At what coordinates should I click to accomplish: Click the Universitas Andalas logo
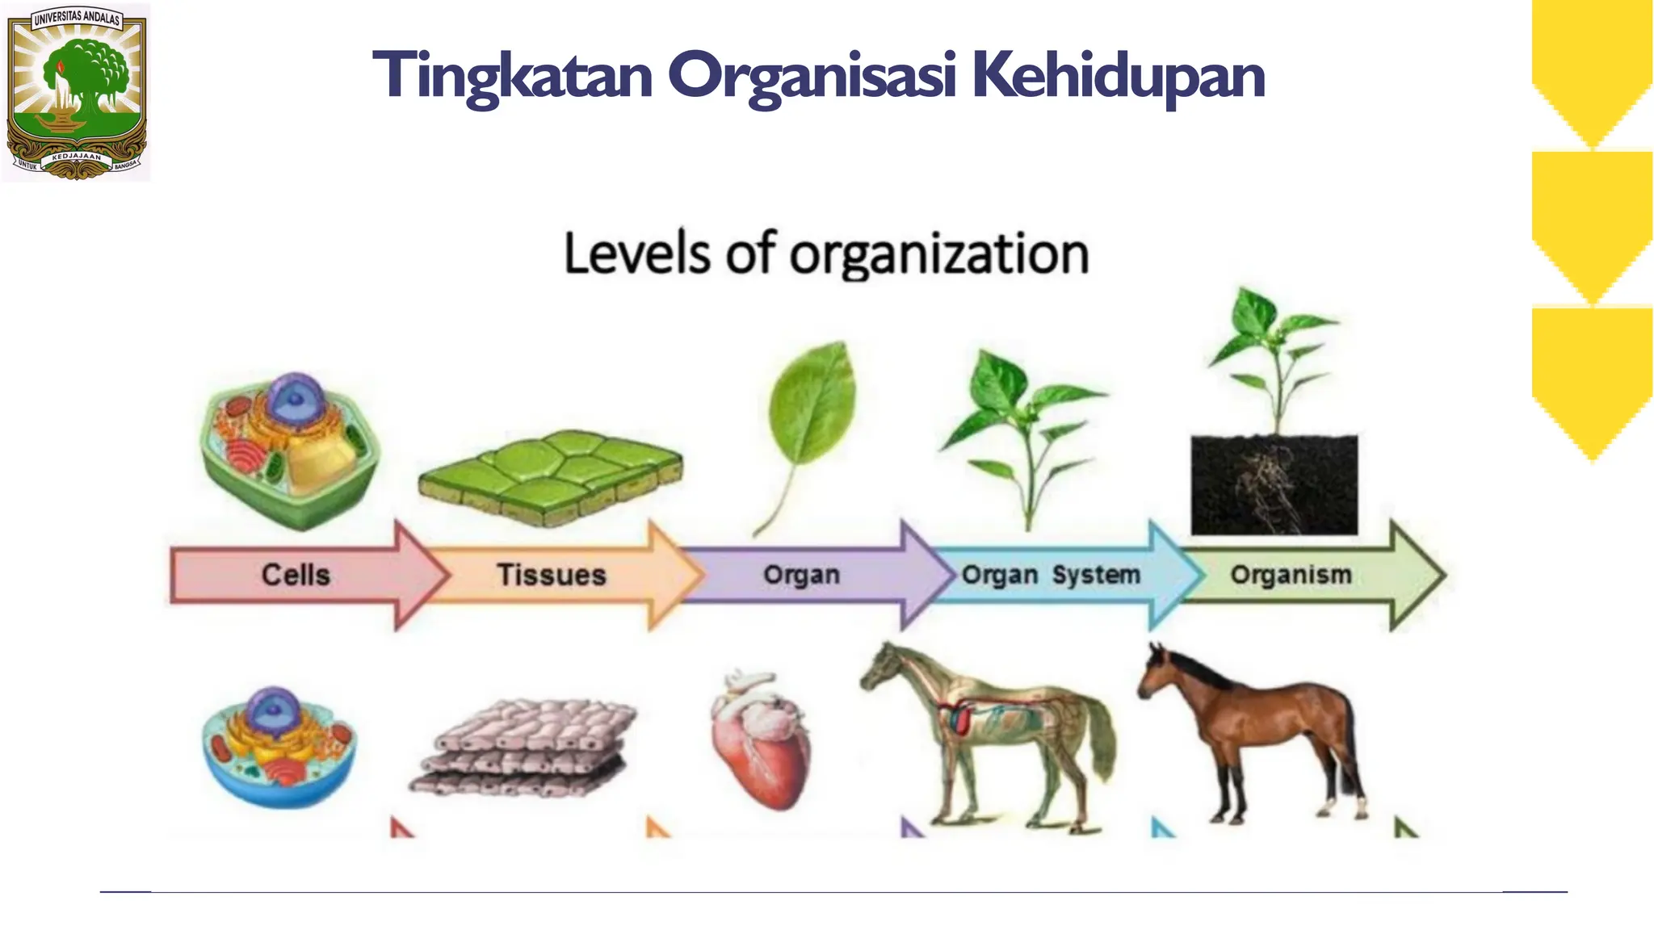click(77, 91)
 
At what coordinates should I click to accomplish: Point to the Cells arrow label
click(296, 575)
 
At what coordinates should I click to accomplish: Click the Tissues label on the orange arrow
click(551, 575)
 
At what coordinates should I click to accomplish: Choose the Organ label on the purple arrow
click(801, 575)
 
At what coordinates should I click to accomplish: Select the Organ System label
click(1051, 575)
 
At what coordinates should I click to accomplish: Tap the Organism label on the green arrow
click(1291, 575)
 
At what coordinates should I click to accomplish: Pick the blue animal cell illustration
click(279, 747)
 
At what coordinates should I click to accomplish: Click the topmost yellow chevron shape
click(1592, 73)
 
